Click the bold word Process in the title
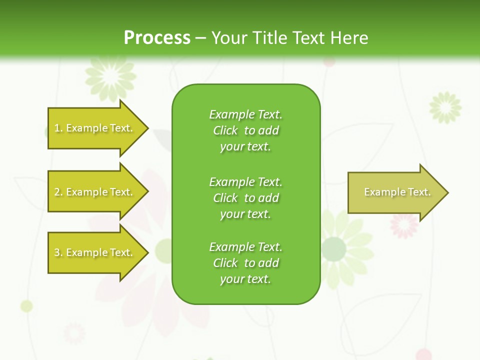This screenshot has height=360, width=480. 157,38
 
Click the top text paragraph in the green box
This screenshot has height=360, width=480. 245,130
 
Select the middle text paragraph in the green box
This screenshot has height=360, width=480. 245,197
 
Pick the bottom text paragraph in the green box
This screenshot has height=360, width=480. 245,263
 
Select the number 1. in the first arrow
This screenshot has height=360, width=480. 58,128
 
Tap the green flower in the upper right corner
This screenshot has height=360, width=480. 445,107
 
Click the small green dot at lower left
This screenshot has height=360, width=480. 26,306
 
